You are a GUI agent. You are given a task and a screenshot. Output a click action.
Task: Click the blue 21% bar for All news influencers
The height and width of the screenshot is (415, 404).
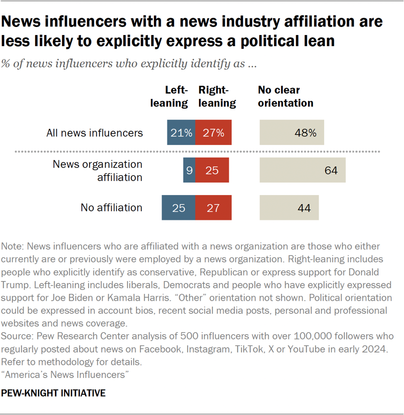[181, 133]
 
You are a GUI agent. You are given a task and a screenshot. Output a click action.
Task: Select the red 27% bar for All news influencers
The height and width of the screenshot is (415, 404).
[213, 133]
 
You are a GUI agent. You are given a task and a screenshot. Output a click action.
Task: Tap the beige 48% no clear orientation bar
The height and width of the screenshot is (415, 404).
[291, 133]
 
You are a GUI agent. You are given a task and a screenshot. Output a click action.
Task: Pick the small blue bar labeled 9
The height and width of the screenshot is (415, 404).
[189, 170]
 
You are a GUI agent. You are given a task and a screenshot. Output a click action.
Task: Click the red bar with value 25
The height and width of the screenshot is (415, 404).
[212, 170]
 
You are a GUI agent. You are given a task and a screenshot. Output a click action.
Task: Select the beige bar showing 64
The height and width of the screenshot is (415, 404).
[302, 170]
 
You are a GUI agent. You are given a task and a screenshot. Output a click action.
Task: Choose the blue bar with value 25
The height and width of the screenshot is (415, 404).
[178, 207]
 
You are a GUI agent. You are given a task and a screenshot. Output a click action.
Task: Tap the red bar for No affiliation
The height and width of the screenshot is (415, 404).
[213, 207]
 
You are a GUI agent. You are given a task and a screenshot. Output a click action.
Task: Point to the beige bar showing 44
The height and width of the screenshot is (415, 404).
[289, 207]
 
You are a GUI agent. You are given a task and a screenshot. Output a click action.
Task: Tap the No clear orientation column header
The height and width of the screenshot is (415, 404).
[285, 96]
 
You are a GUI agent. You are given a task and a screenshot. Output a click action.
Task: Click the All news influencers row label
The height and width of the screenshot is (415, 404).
[95, 133]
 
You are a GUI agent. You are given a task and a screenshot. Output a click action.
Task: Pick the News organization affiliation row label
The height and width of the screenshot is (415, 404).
[98, 170]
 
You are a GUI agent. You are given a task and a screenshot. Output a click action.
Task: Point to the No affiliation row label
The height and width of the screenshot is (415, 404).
[112, 207]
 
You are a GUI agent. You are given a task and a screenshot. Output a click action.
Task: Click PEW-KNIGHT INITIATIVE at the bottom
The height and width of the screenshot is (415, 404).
[53, 393]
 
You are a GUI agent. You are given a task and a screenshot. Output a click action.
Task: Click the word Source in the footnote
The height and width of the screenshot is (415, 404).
[15, 335]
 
